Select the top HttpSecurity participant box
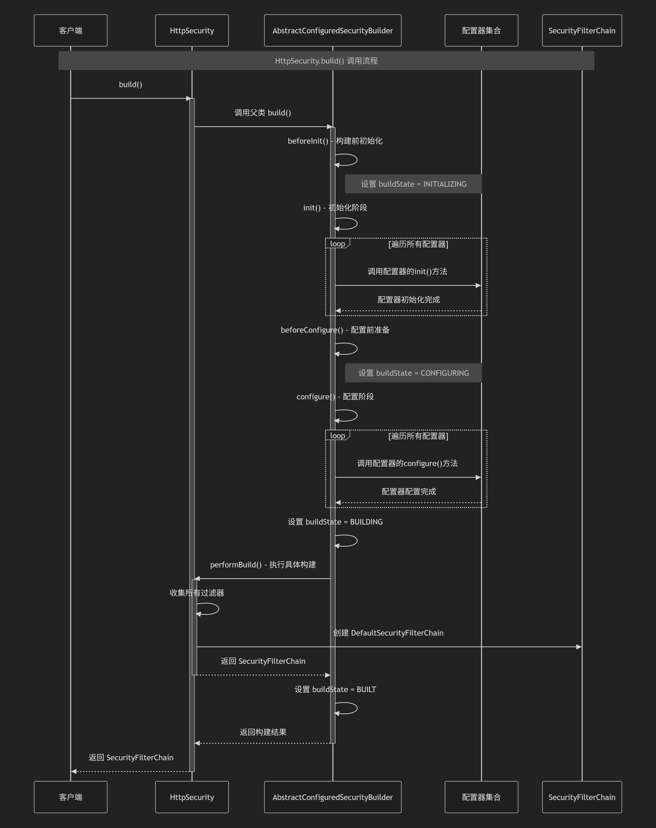click(192, 30)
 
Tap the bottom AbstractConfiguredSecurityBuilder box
click(333, 797)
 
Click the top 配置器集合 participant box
click(481, 30)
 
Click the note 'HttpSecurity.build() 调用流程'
click(326, 61)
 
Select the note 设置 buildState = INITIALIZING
click(413, 184)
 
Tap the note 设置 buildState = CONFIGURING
click(413, 373)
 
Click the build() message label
click(130, 85)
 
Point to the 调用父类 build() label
click(263, 113)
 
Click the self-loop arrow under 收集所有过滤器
click(209, 609)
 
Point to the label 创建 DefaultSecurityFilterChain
click(388, 633)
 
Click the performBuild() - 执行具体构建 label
click(263, 564)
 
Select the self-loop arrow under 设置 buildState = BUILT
click(347, 708)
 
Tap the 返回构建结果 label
click(263, 732)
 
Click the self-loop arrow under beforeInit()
click(347, 160)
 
